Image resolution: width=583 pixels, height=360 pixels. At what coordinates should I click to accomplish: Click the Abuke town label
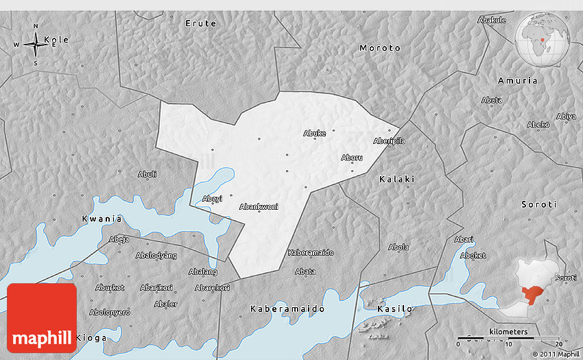(x=314, y=133)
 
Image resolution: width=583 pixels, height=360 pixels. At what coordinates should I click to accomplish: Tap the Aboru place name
(x=352, y=158)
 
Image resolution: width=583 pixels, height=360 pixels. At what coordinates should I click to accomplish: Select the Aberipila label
(x=389, y=141)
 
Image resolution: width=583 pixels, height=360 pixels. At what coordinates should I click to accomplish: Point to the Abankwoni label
(x=259, y=206)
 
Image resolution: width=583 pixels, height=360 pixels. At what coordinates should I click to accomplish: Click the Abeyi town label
(x=213, y=199)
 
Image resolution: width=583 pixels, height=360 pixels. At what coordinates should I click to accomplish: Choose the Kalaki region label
(x=396, y=179)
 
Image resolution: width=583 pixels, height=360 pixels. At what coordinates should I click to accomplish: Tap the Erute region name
(x=201, y=23)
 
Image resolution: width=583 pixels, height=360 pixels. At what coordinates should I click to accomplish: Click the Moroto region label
(x=380, y=48)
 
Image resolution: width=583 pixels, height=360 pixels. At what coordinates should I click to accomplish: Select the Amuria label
(x=518, y=81)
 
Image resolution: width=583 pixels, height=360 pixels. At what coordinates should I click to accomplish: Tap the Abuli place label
(x=147, y=174)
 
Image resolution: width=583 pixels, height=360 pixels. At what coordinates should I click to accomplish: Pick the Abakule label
(x=491, y=20)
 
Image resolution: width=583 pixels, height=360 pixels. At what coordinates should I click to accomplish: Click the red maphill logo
(x=42, y=318)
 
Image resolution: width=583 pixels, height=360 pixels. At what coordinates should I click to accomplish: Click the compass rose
(x=35, y=45)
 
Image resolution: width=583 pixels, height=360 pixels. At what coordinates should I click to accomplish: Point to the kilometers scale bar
(x=508, y=337)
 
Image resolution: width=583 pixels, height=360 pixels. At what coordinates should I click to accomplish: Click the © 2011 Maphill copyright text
(x=555, y=354)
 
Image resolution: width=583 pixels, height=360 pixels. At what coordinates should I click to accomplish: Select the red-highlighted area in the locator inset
(x=532, y=296)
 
